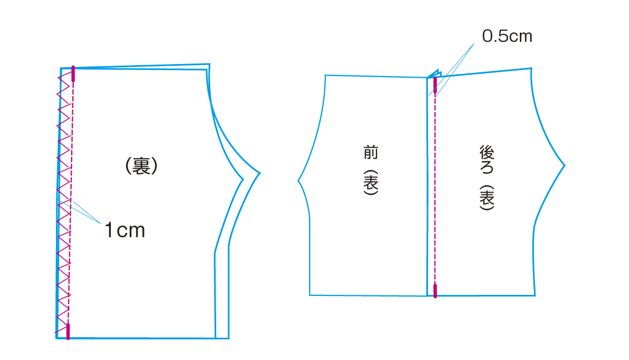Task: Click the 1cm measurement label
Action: click(124, 231)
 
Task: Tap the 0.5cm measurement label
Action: click(507, 36)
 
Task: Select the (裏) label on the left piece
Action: click(141, 166)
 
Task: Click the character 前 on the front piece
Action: click(371, 152)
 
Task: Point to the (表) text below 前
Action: click(371, 183)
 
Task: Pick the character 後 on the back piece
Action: click(486, 153)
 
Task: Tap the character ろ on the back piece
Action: click(486, 169)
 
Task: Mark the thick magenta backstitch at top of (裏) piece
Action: click(73, 74)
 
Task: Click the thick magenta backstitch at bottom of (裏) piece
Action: click(68, 331)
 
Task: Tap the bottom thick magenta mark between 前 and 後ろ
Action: click(435, 290)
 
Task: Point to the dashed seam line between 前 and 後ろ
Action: click(436, 185)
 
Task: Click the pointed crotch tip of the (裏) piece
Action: click(260, 174)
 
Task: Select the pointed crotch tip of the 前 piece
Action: click(299, 180)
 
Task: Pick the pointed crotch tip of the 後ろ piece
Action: click(565, 164)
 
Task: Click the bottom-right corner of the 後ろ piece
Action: click(535, 295)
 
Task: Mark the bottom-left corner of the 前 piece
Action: click(310, 295)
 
